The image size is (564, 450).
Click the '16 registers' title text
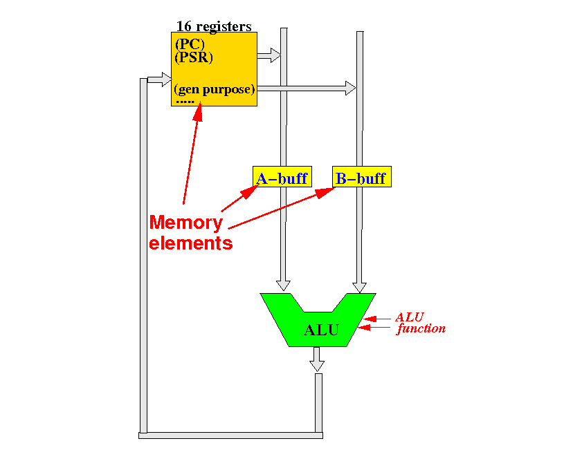coord(214,26)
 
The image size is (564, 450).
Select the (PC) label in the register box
coord(190,44)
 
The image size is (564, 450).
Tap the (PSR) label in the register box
coord(194,57)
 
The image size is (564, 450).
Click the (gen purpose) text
coord(215,89)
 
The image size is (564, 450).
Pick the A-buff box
coord(282,176)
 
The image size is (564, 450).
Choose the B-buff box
coord(362,176)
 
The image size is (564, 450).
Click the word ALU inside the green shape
coord(321,330)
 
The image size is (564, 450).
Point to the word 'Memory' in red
coord(186,223)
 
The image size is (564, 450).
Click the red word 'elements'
coord(190,243)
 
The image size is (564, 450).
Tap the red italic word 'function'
coord(421,328)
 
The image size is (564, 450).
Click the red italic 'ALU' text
coord(409,317)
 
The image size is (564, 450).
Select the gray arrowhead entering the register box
coord(167,79)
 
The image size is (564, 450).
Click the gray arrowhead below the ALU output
coord(317,366)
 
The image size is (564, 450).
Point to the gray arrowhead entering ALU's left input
coord(283,285)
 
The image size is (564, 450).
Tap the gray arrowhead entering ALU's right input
coord(359,288)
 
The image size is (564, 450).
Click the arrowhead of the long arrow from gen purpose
coord(350,88)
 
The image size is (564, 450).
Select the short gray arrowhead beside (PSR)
coord(275,55)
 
